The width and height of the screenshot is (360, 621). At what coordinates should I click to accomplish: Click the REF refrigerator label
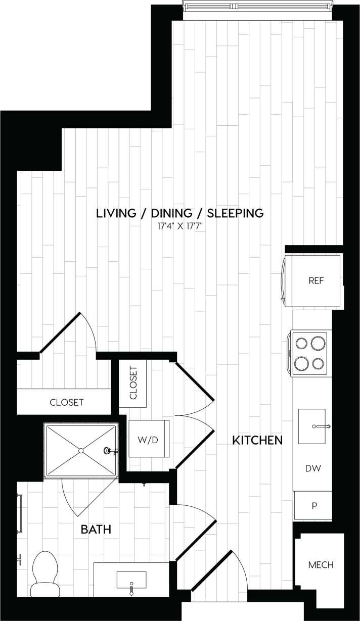pyautogui.click(x=316, y=280)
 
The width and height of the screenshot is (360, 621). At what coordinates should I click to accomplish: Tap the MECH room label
pyautogui.click(x=321, y=564)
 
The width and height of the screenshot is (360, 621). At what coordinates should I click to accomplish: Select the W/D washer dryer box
pyautogui.click(x=148, y=440)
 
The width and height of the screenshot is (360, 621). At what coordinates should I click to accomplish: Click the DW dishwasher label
pyautogui.click(x=313, y=468)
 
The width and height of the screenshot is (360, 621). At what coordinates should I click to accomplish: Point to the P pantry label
pyautogui.click(x=313, y=506)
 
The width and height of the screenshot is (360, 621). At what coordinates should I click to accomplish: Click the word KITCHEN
pyautogui.click(x=257, y=440)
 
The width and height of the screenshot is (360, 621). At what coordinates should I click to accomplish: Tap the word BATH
pyautogui.click(x=96, y=530)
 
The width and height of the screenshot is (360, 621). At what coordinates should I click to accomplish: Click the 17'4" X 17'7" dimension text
pyautogui.click(x=179, y=227)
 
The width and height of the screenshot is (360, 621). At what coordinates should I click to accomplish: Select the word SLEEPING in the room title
pyautogui.click(x=236, y=213)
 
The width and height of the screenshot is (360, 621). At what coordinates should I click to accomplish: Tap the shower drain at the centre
pyautogui.click(x=80, y=450)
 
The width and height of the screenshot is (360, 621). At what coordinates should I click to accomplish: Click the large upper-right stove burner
pyautogui.click(x=318, y=344)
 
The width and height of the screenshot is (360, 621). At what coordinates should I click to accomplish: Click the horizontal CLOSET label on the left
pyautogui.click(x=66, y=402)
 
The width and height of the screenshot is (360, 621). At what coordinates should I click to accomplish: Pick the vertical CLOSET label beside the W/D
pyautogui.click(x=133, y=383)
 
